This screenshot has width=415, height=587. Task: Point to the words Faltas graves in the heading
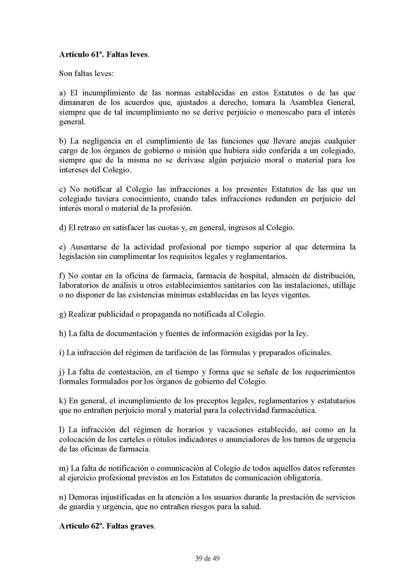point(130,527)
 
